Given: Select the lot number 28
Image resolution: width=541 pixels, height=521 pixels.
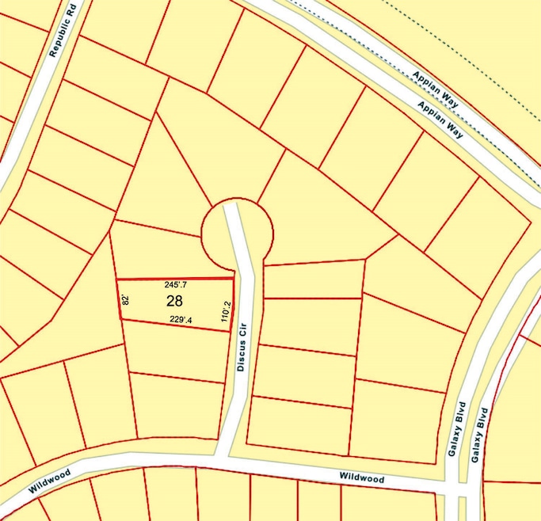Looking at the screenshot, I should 175,301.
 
